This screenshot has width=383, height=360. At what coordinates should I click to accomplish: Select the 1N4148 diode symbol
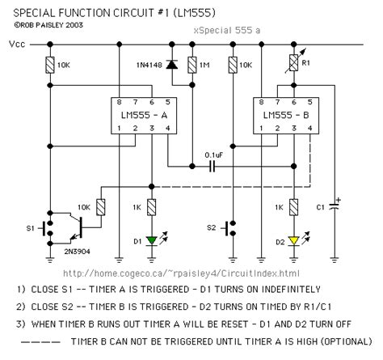[171, 64]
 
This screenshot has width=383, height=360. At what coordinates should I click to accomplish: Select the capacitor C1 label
[322, 207]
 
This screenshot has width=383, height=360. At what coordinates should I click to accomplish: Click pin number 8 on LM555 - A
[120, 103]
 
